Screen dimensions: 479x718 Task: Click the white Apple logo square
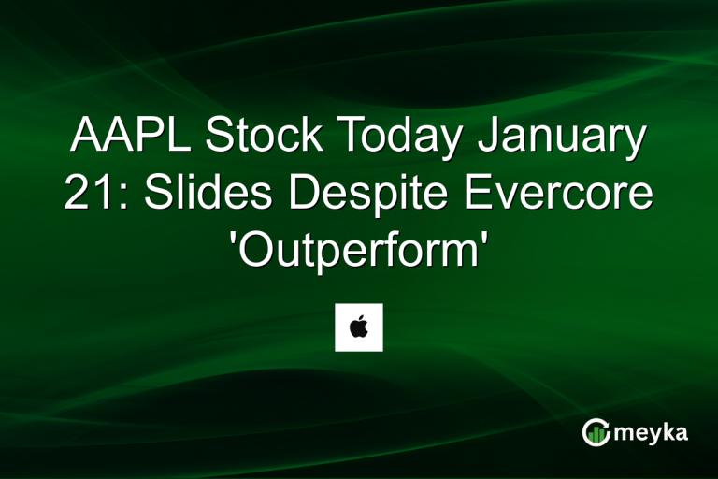[359, 327]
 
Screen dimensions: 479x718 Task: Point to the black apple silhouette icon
[359, 327]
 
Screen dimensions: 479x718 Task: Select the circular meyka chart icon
[596, 431]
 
